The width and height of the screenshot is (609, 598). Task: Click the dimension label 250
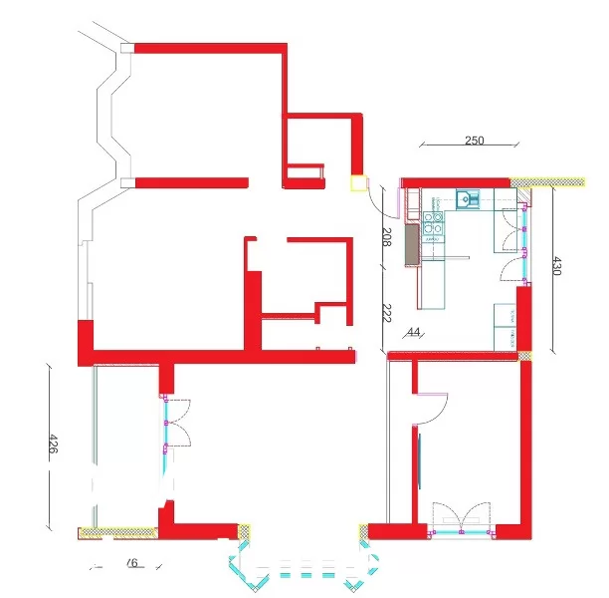point(474,141)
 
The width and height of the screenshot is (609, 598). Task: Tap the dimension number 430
point(557,266)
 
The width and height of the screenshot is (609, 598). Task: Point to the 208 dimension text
point(387,236)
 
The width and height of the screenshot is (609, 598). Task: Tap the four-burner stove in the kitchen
point(433,227)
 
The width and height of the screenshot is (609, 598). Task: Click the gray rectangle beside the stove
point(411,240)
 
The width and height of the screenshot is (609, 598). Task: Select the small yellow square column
point(357,183)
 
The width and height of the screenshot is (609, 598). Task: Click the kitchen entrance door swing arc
point(378,199)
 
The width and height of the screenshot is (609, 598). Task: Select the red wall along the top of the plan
point(209,47)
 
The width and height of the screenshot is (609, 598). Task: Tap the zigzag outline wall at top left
point(110,110)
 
